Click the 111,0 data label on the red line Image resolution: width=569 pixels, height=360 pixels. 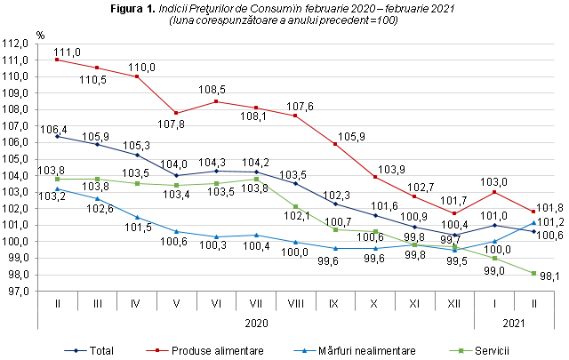67,52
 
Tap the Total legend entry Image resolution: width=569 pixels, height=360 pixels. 108,350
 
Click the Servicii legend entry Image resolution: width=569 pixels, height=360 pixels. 488,350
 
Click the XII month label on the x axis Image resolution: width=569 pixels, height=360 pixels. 454,303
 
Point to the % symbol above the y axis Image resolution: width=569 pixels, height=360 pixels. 41,35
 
